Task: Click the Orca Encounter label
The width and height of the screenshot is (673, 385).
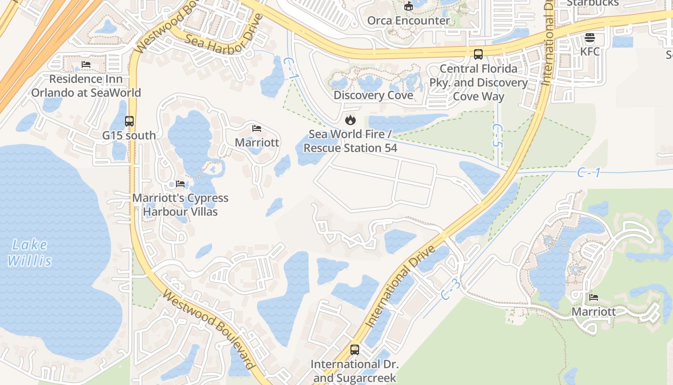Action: [408, 21]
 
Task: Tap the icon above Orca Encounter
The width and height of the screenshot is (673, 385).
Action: [408, 6]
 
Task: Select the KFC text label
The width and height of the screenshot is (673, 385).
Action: [590, 51]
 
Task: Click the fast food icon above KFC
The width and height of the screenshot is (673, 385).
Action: [590, 38]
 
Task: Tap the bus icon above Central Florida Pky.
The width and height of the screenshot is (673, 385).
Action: [478, 54]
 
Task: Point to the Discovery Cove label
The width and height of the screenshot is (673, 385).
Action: [373, 95]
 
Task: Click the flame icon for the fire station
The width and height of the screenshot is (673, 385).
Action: [350, 120]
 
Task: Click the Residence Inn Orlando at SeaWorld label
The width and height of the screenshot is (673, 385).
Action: [86, 86]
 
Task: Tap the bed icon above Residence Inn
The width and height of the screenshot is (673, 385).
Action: [86, 64]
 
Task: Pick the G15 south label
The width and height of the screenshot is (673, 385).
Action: [129, 136]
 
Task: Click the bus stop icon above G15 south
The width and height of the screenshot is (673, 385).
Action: [129, 121]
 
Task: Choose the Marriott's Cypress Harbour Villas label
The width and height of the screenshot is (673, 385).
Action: [180, 205]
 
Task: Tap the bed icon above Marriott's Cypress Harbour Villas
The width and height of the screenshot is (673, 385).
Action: [180, 184]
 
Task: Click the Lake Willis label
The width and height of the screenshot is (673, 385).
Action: [29, 253]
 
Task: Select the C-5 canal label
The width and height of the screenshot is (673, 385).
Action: [497, 136]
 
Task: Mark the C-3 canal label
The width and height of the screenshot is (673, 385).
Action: [451, 289]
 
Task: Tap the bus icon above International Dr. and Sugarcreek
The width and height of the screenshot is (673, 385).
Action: [355, 350]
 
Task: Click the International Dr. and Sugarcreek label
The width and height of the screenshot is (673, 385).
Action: [355, 371]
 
